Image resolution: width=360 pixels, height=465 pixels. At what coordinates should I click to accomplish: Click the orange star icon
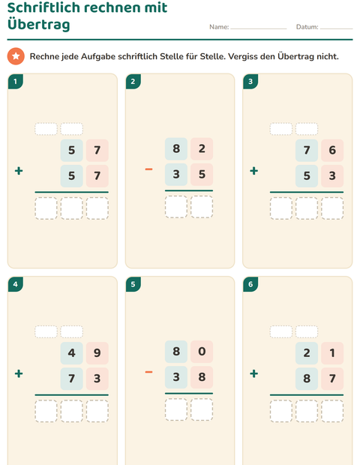click(16, 56)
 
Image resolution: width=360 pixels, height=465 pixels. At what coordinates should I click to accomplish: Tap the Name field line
click(258, 28)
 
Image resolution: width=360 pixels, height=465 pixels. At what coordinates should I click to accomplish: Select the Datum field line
click(336, 28)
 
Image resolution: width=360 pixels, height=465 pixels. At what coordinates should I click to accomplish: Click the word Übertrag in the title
click(38, 24)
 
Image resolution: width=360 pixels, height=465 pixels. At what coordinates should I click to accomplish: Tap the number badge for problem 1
click(16, 82)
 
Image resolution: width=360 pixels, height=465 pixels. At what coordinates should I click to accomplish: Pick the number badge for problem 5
click(133, 284)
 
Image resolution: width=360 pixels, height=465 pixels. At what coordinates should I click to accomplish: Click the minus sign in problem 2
click(148, 169)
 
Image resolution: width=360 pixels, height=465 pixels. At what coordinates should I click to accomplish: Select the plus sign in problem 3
click(253, 171)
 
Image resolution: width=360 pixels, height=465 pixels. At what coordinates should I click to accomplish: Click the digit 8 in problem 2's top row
click(176, 148)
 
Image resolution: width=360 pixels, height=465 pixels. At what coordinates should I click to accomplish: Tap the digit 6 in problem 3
click(332, 150)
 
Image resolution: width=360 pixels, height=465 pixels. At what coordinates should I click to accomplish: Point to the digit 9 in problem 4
click(97, 353)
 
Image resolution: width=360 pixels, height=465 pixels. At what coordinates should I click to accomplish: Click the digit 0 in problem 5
click(202, 352)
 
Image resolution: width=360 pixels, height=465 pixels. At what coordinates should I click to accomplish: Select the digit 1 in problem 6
click(332, 353)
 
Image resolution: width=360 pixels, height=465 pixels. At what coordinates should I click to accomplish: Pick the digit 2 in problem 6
click(307, 353)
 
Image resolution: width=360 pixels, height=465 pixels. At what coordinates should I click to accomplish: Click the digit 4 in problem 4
click(71, 353)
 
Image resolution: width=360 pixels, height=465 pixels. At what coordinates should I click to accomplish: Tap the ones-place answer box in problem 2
click(202, 207)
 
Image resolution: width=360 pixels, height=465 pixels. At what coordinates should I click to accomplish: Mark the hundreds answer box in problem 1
click(46, 208)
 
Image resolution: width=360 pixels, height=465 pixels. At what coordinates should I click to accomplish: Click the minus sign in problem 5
click(148, 372)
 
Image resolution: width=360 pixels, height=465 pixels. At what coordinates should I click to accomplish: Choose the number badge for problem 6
click(250, 284)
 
